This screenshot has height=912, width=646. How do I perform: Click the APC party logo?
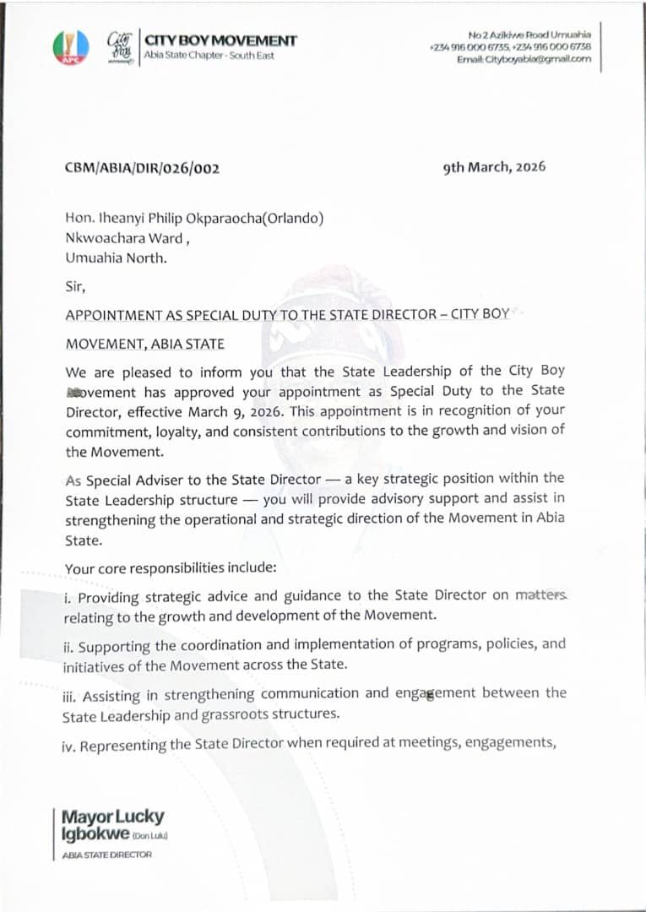click(70, 48)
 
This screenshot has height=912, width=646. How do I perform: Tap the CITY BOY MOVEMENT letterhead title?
click(221, 41)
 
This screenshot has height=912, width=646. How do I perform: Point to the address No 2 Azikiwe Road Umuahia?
click(529, 34)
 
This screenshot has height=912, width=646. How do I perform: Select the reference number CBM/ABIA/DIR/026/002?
click(142, 168)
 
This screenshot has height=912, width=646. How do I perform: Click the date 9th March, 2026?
click(494, 166)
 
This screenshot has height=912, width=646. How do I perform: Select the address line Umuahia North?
click(116, 258)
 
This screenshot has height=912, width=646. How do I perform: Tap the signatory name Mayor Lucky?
click(113, 817)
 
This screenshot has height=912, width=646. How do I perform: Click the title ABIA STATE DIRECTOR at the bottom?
click(107, 855)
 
